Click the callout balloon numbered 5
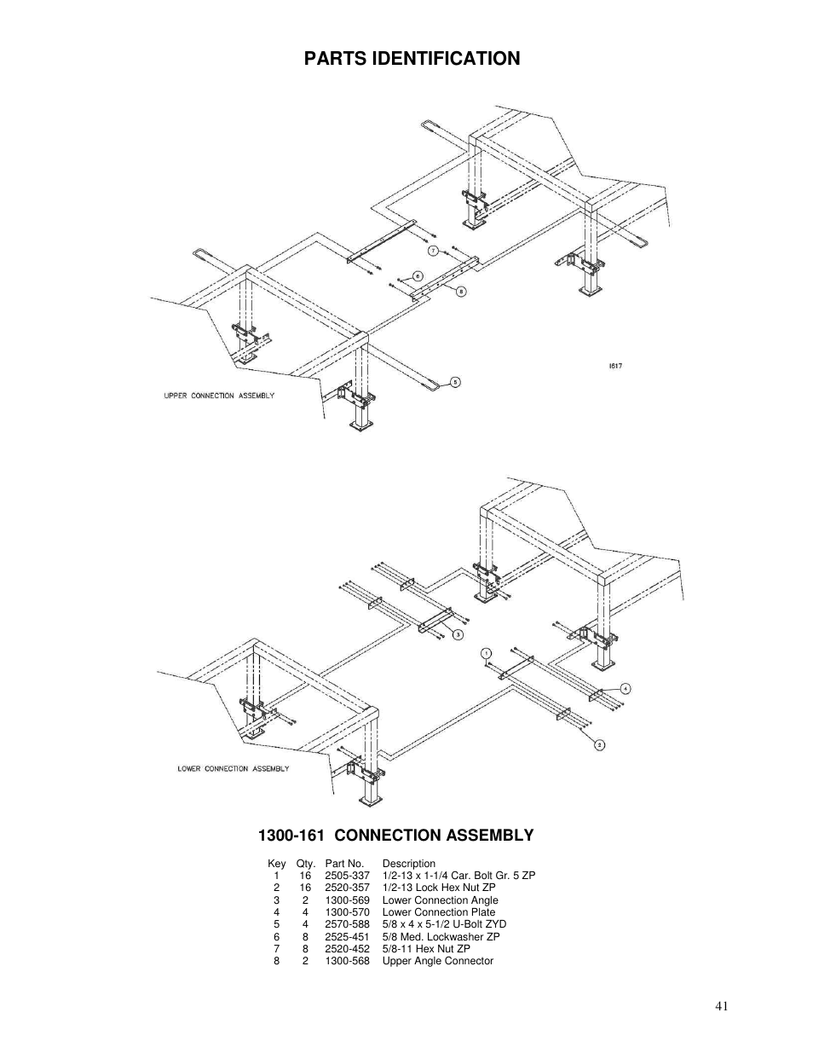point(455,382)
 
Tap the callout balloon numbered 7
point(433,251)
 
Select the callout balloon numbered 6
point(418,275)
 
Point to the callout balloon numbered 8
point(461,291)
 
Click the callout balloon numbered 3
point(458,634)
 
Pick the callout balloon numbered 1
point(486,654)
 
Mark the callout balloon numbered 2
point(600,744)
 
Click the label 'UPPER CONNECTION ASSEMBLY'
point(219,396)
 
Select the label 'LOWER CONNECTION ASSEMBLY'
point(233,768)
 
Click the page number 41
point(722,1006)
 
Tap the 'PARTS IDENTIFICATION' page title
point(412,58)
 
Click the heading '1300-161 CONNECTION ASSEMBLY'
point(396,835)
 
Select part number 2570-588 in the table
point(347,924)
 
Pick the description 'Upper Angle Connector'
point(437,961)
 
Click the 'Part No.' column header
point(344,864)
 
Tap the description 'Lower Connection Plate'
point(438,912)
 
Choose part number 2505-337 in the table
point(347,876)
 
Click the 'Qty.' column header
point(305,864)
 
